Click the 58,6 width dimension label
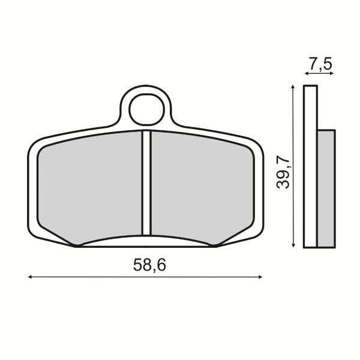tap(146, 265)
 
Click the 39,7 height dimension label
tap(283, 171)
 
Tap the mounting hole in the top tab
tap(146, 109)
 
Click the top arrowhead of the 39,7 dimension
tap(292, 88)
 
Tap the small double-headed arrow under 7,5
tap(318, 73)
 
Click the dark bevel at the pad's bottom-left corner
tap(76, 244)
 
